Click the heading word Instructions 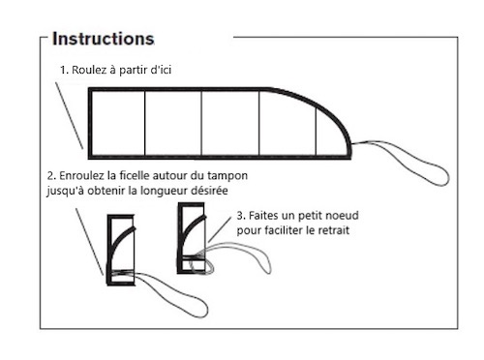click(x=104, y=39)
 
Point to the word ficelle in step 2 click(x=135, y=176)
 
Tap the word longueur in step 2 click(x=158, y=191)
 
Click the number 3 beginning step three click(x=240, y=216)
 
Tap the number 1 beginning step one click(x=63, y=70)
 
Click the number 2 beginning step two click(x=50, y=176)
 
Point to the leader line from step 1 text click(x=69, y=115)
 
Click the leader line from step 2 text click(x=90, y=241)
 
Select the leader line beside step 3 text click(x=220, y=229)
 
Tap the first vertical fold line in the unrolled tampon click(x=145, y=123)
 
